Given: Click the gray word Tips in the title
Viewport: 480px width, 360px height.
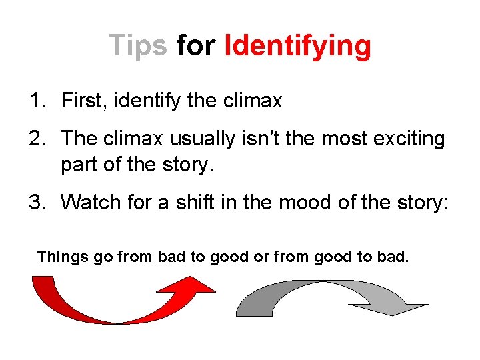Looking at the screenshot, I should coord(138,46).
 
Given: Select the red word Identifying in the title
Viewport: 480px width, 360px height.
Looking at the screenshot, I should coord(297,47).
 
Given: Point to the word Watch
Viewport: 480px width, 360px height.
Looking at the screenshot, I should coord(91,202).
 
